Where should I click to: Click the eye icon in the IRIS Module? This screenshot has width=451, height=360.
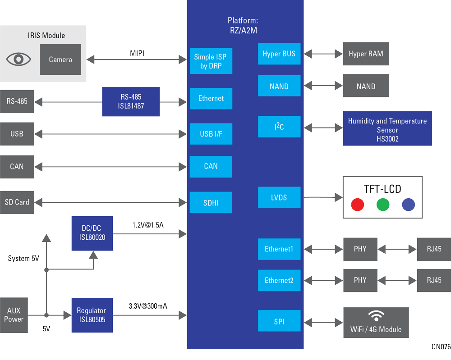point(18,59)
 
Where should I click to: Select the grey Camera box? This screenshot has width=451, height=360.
point(60,59)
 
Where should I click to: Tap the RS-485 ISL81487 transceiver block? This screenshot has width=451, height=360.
point(131,101)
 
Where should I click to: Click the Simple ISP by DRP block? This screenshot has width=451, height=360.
point(211,61)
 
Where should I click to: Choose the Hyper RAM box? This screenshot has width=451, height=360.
point(366,54)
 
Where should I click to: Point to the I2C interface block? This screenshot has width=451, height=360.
point(279,127)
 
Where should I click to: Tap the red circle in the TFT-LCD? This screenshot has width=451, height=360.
point(357,205)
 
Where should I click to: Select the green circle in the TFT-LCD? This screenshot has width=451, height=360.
point(382,205)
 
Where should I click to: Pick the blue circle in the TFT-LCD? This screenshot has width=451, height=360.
point(408,205)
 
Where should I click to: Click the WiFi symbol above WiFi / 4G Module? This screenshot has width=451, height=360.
point(376,315)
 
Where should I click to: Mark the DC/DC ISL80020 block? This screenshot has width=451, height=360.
point(92,233)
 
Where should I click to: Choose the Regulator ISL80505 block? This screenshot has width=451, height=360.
point(91,315)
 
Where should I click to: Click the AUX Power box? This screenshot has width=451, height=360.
point(14,315)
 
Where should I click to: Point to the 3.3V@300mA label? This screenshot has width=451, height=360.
point(147,306)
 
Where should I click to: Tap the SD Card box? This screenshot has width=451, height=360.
point(17,202)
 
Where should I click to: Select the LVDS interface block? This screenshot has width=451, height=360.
point(279,198)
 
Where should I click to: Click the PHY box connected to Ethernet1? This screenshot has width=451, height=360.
point(360,249)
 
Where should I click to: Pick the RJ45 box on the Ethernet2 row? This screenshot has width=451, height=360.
point(434,280)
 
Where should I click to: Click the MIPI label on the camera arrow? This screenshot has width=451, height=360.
point(137,54)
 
